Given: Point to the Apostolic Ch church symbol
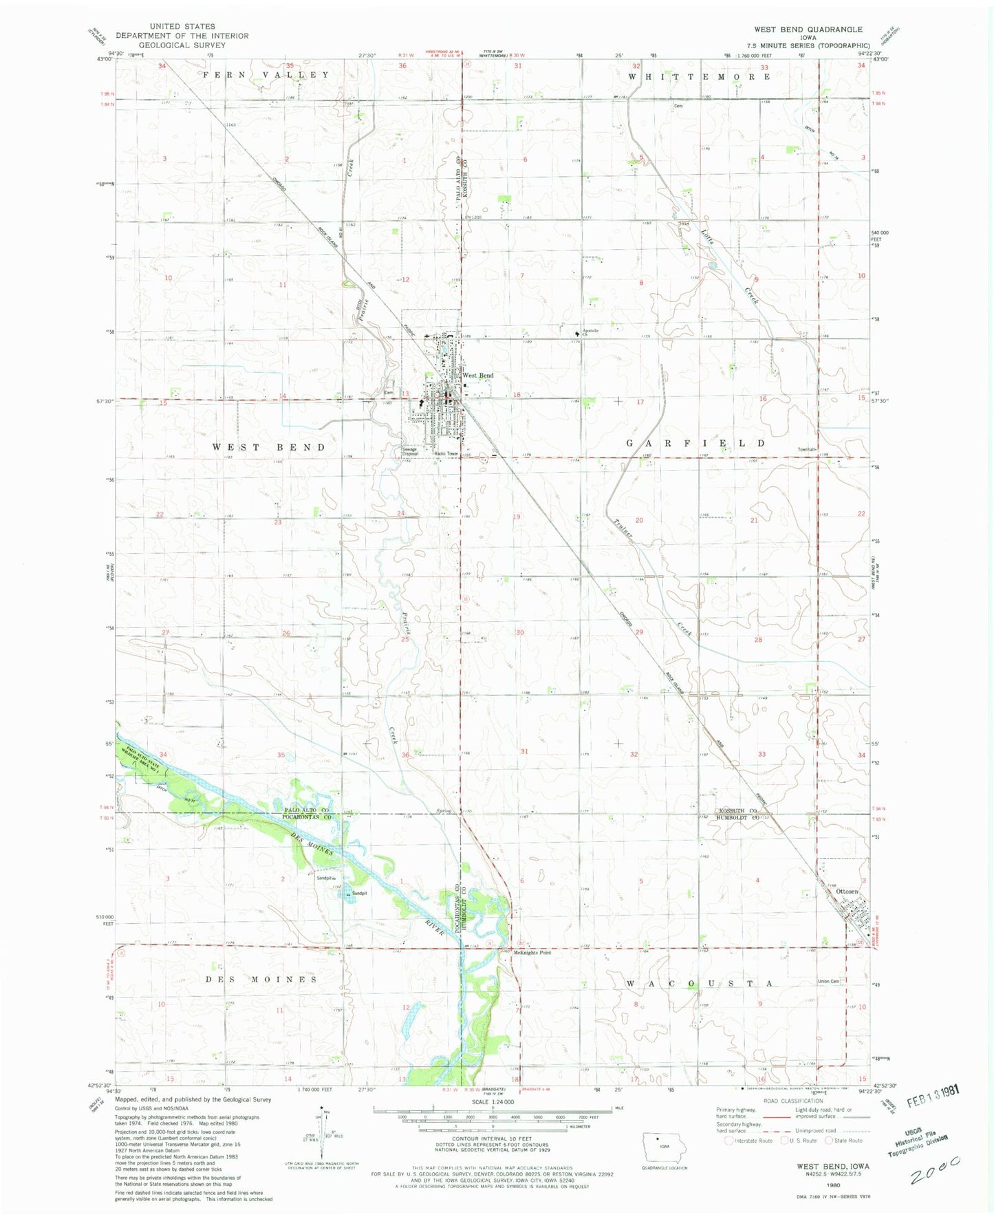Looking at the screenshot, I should (x=576, y=334).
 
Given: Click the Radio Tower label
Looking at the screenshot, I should (x=446, y=453).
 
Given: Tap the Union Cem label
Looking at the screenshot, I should (x=828, y=981).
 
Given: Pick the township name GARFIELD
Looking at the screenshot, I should (x=695, y=444).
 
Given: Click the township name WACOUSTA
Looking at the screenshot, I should (x=695, y=984).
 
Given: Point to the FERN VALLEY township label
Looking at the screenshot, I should (x=266, y=74).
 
